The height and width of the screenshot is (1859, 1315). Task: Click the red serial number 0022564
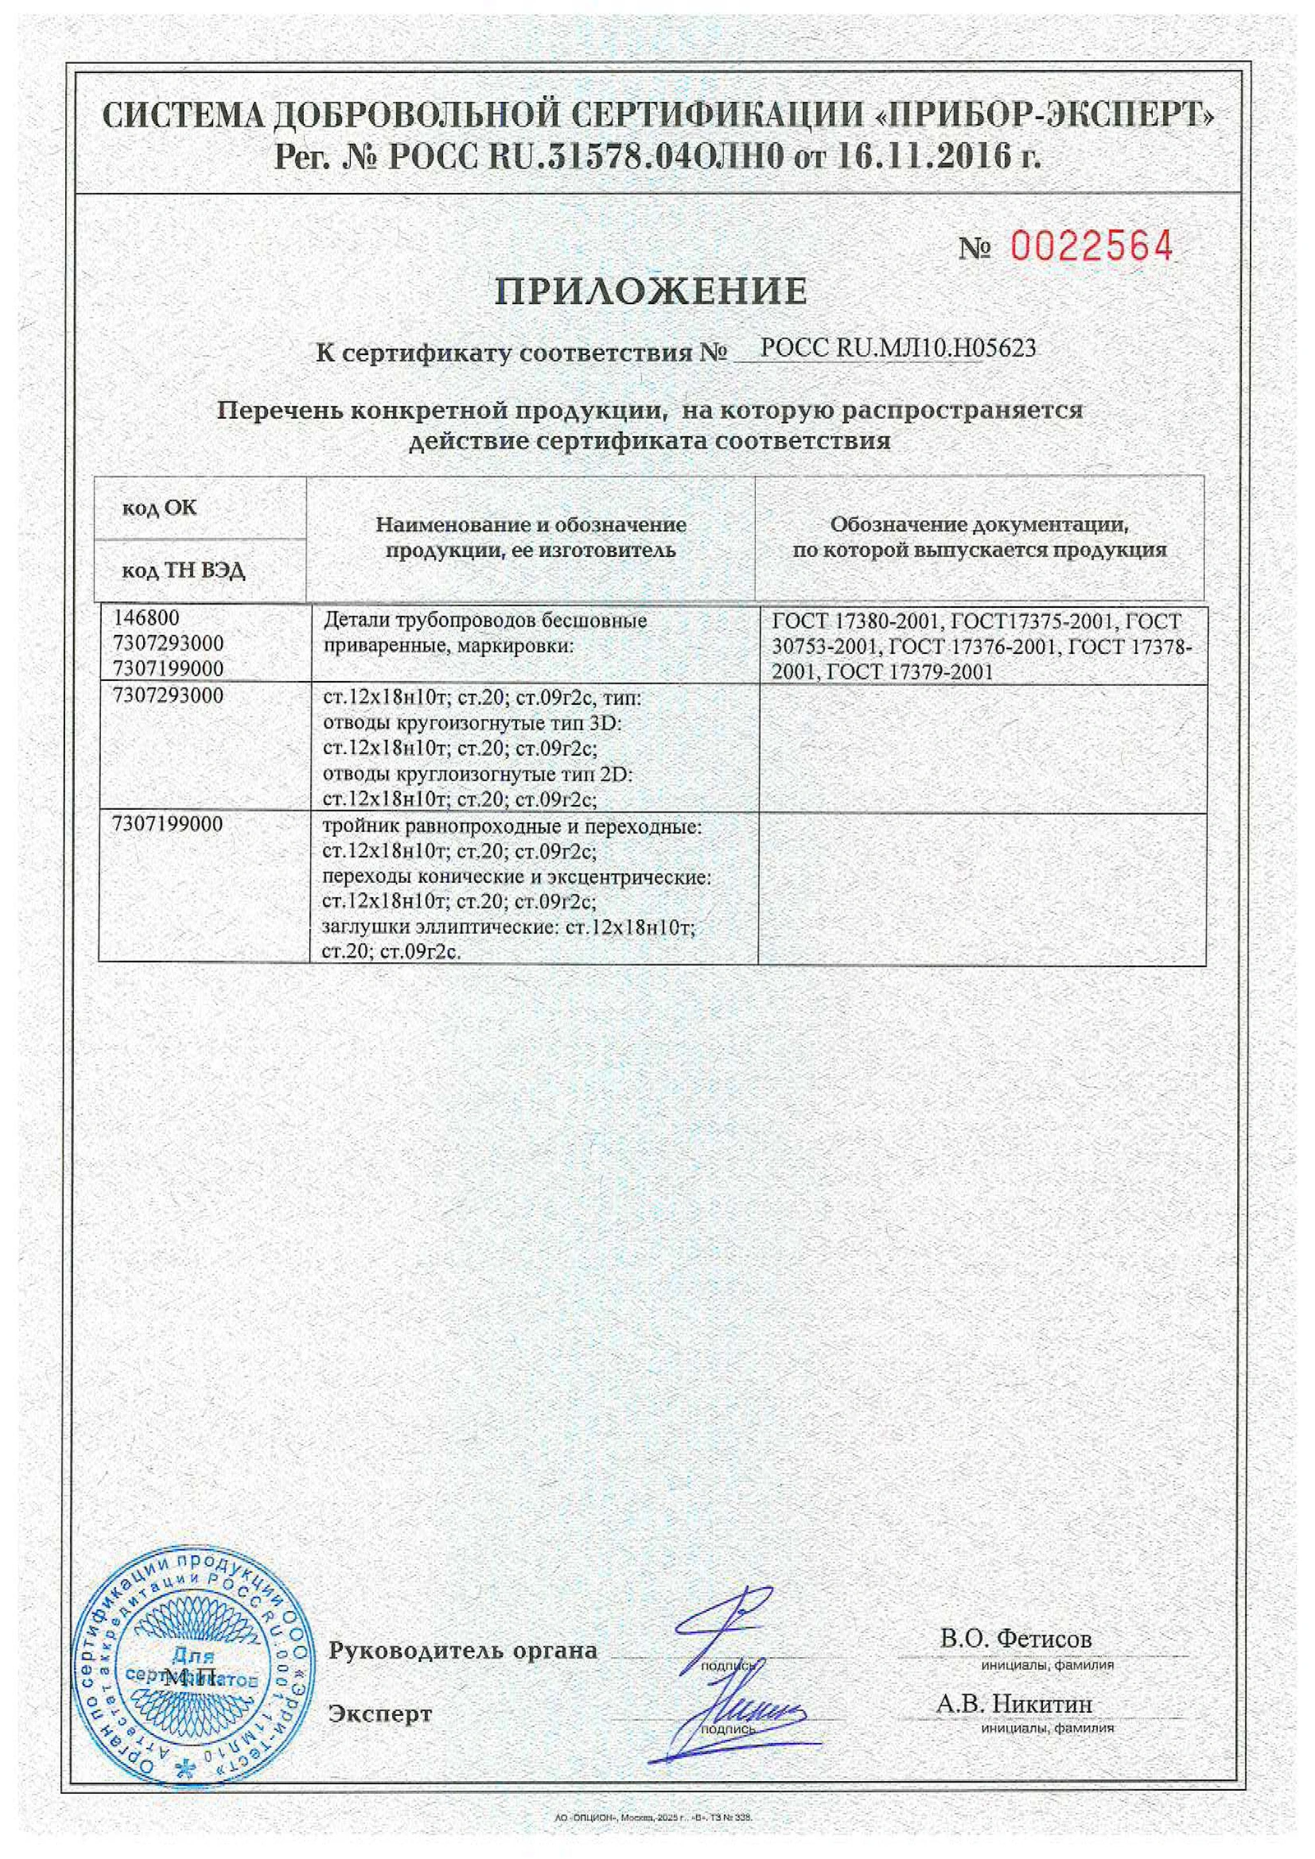tap(1091, 246)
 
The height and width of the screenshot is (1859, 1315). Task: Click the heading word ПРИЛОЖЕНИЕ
tap(651, 291)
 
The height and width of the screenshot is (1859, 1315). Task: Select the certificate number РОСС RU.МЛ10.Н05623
tap(897, 348)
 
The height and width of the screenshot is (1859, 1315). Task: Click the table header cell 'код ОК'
tap(159, 508)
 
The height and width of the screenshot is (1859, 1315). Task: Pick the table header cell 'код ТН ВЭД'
tap(183, 570)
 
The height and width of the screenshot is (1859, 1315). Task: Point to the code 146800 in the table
tap(146, 618)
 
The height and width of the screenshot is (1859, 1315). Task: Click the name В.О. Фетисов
tap(1016, 1638)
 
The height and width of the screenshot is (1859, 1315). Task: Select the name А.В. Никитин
tap(1014, 1704)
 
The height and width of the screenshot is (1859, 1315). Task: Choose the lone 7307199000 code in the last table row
tap(168, 825)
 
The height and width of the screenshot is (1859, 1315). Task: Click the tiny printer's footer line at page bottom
tap(653, 1817)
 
